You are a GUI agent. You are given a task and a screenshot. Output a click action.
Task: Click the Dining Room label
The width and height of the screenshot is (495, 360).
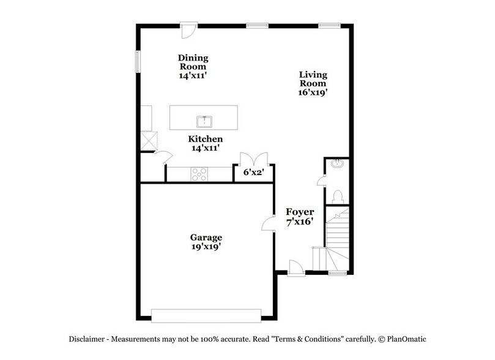coord(193,62)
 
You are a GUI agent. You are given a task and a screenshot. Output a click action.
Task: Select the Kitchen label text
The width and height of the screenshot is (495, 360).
coord(205,139)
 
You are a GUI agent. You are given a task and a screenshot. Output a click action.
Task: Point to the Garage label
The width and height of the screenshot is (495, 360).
coord(205,237)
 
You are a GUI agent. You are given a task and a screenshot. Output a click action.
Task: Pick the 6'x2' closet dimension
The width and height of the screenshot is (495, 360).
coord(253,173)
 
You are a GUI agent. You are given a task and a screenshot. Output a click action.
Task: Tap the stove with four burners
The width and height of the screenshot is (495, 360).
coord(200,174)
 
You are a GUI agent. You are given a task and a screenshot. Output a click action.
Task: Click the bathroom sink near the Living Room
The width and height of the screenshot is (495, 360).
coord(337,163)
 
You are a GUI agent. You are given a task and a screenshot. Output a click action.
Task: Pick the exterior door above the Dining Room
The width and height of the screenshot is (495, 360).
coord(189,29)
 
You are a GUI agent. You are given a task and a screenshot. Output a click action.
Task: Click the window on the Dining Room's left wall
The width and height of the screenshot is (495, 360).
coord(138,62)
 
